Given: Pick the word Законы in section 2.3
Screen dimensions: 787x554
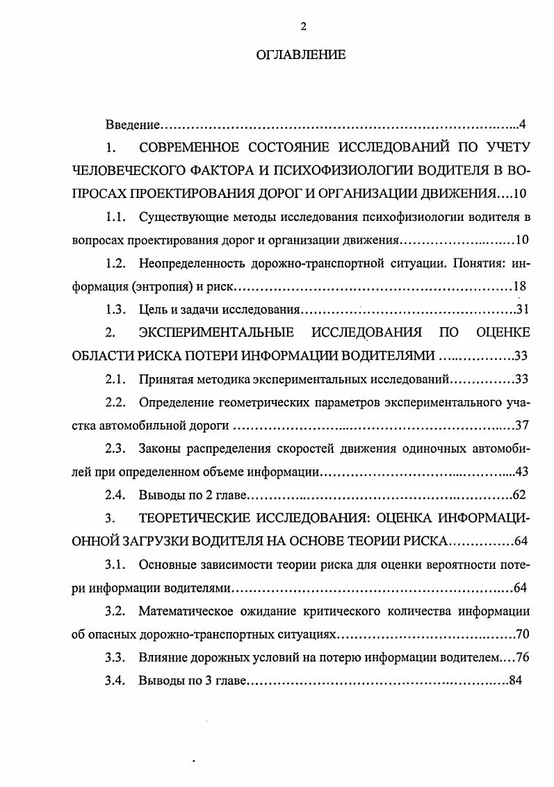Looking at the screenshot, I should pyautogui.click(x=161, y=448).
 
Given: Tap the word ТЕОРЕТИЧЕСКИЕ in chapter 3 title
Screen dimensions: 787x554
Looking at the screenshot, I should pyautogui.click(x=188, y=518).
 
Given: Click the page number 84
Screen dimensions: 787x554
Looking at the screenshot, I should pyautogui.click(x=515, y=680).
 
